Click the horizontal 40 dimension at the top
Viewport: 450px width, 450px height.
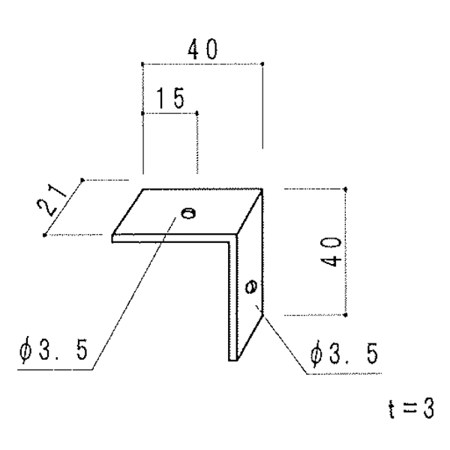202,49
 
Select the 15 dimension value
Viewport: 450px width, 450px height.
170,98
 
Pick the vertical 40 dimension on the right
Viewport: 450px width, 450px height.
331,252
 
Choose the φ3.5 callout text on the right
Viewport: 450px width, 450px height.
344,353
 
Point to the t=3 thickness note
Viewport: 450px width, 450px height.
411,409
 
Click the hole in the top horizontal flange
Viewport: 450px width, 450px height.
188,213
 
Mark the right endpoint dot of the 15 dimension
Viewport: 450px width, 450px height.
196,114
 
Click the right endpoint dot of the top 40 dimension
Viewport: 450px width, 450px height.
262,64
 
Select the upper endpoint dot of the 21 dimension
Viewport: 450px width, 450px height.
82,180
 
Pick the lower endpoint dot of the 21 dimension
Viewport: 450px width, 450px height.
44,235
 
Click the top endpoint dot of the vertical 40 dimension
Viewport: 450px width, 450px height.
346,189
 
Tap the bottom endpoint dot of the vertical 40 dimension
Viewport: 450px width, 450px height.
346,315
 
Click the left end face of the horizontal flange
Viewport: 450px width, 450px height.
112,238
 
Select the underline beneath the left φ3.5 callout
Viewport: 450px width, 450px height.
55,369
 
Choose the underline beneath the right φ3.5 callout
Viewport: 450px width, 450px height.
343,373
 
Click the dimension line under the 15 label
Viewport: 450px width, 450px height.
170,114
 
